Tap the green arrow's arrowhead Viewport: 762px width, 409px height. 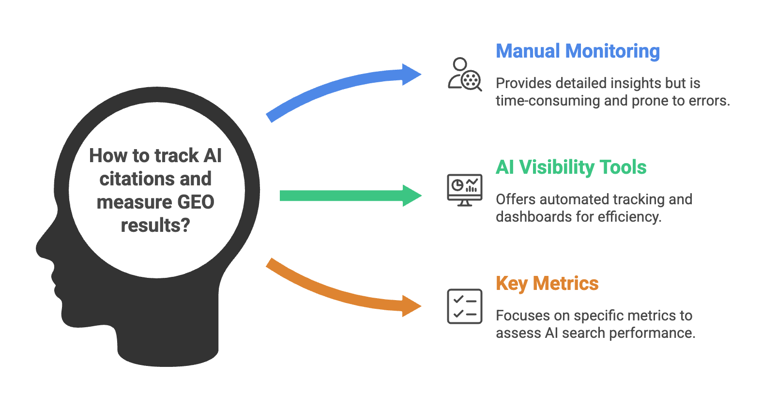pos(411,196)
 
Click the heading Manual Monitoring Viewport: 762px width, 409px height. pos(578,51)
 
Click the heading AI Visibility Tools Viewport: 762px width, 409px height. pos(571,167)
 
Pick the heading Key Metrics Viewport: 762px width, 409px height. pos(547,284)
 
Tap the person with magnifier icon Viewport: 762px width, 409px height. pos(464,75)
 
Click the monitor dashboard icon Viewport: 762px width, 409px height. pos(464,190)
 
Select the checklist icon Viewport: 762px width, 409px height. pos(464,306)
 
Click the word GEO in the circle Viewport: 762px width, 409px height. pos(196,202)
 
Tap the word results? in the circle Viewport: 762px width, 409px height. pos(155,226)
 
